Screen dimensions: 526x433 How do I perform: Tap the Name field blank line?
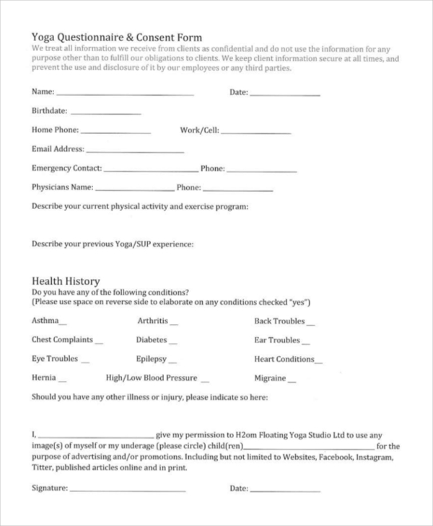tap(125, 94)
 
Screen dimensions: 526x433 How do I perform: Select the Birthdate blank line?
tap(106, 113)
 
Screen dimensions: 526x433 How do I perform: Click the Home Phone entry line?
tap(115, 133)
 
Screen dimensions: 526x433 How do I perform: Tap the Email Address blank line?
tap(135, 151)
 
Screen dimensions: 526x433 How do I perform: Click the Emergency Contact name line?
tap(151, 171)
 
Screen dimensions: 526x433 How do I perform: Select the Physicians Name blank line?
tap(135, 190)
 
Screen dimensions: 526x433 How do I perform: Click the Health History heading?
tap(66, 281)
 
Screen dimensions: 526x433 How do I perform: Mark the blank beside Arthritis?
tap(174, 324)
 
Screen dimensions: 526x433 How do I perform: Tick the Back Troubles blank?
tap(310, 324)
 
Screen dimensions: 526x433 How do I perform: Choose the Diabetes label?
tap(152, 340)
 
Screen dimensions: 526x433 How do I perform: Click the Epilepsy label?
tap(152, 359)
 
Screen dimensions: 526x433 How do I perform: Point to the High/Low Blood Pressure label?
tap(152, 378)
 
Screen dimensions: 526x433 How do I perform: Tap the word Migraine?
tap(270, 378)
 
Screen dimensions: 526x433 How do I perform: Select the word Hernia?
tap(43, 378)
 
